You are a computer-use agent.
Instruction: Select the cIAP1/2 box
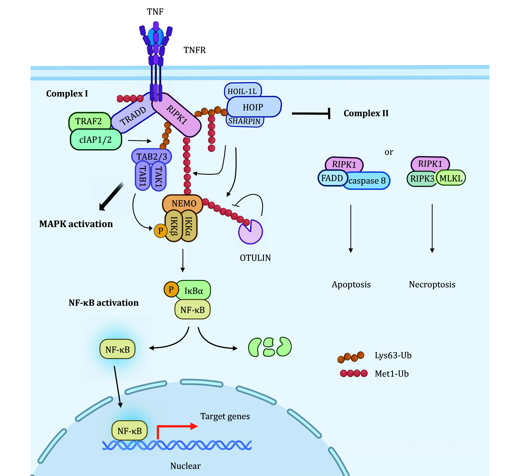[x=95, y=140]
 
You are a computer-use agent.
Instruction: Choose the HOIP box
[x=254, y=107]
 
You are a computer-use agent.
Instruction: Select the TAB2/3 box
[x=152, y=156]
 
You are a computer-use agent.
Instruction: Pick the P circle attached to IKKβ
[x=160, y=231]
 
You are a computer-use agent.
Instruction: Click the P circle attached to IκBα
[x=171, y=289]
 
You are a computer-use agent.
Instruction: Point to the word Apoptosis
[x=351, y=285]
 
